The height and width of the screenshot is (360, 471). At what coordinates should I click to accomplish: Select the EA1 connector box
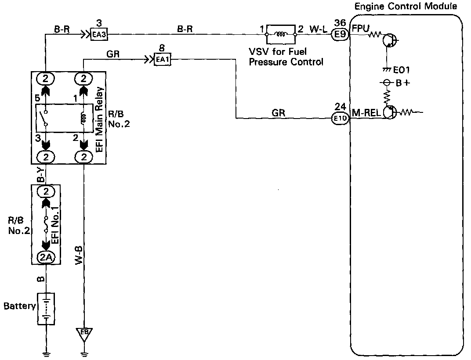[x=162, y=59]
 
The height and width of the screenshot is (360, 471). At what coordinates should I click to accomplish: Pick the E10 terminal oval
[x=340, y=118]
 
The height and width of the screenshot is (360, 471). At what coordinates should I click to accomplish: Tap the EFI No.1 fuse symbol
[x=46, y=224]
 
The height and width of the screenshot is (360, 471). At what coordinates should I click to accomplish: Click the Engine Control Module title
[x=406, y=6]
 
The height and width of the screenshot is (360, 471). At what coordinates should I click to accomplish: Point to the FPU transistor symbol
[x=388, y=40]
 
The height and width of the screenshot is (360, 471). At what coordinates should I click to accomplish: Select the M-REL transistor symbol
[x=389, y=112]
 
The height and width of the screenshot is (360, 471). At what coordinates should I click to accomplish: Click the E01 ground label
[x=402, y=70]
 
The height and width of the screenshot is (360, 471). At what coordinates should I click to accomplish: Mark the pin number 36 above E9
[x=340, y=22]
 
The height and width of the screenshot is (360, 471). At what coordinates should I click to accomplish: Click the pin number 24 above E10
[x=340, y=107]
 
